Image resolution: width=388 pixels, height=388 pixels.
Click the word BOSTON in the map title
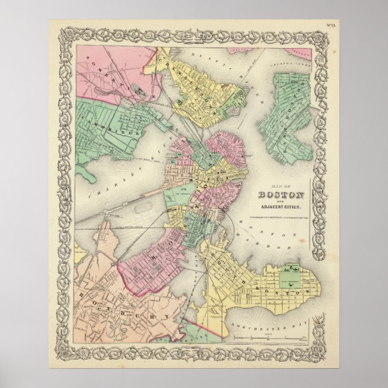pos(281,195)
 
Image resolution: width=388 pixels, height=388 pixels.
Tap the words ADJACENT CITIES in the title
pos(281,207)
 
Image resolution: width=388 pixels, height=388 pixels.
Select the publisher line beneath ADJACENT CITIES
pos(281,217)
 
